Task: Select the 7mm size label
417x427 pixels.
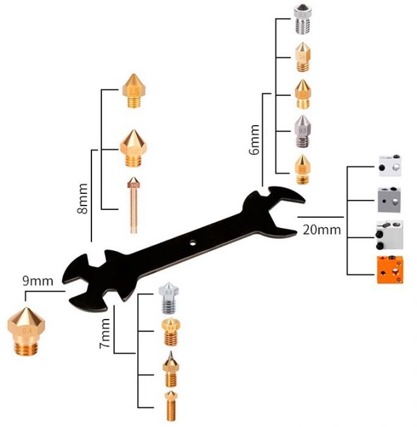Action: click(104, 334)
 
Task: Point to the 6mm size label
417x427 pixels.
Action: click(255, 140)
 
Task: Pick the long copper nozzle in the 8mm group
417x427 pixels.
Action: click(134, 204)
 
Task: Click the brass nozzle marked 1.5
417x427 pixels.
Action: click(134, 91)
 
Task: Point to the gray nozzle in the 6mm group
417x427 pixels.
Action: click(302, 130)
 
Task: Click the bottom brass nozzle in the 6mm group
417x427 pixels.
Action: click(302, 168)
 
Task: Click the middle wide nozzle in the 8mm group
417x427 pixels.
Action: click(134, 147)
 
